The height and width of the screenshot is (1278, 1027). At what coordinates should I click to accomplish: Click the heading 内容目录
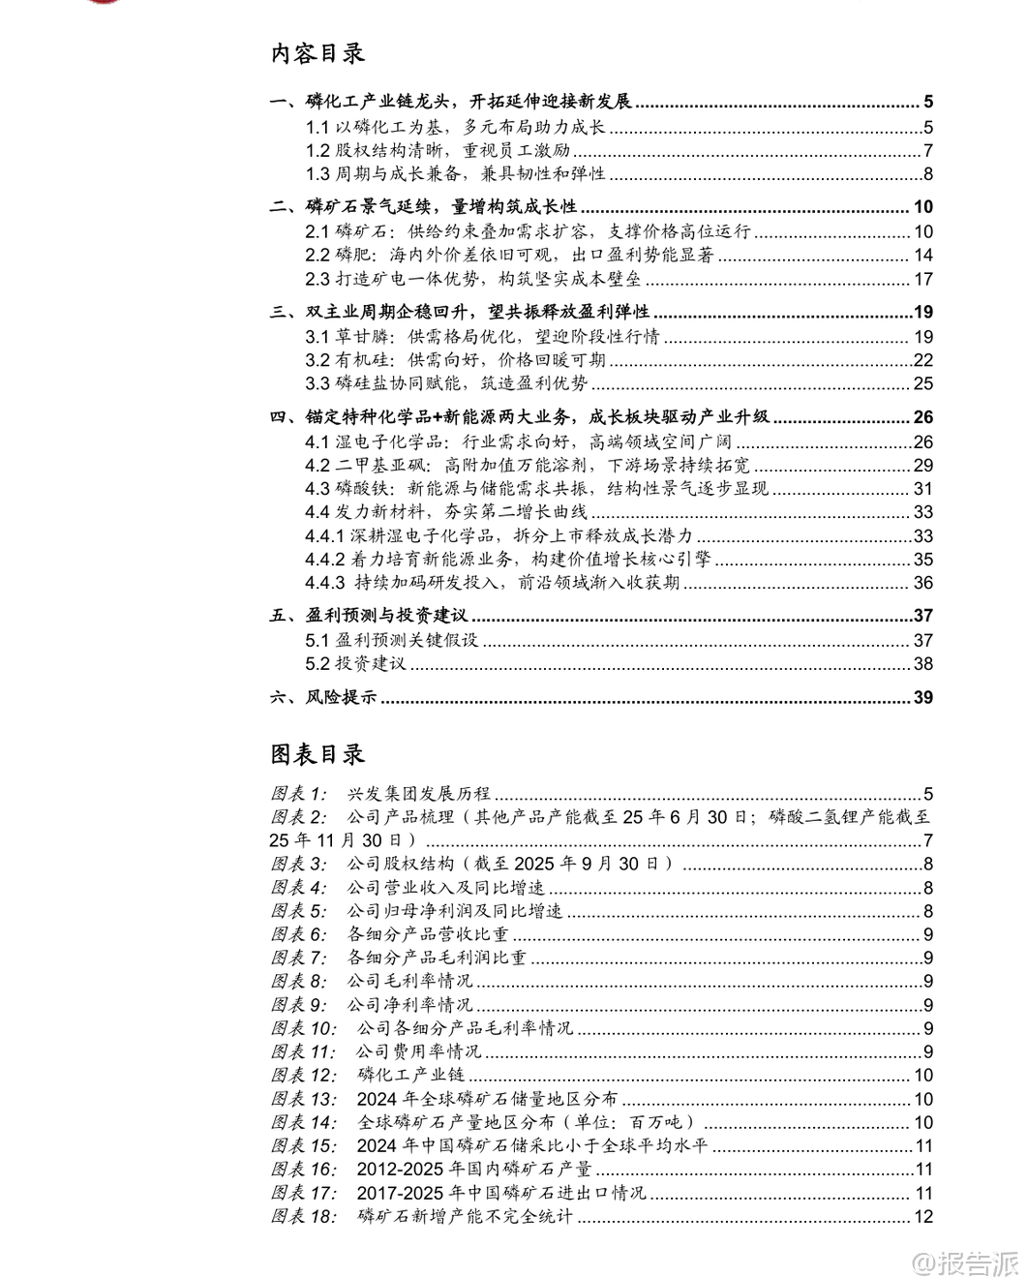317,54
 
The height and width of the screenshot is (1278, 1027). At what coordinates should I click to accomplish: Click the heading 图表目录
317,754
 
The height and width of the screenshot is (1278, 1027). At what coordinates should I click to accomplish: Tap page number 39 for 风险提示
922,697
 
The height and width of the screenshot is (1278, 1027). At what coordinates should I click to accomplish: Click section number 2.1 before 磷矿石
317,231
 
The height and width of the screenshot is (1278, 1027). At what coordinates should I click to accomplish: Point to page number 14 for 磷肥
922,255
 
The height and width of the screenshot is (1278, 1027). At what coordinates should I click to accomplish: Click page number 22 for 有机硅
922,360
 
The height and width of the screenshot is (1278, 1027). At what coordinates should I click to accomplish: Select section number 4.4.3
325,583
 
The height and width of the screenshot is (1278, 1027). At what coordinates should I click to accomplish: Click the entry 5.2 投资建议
355,663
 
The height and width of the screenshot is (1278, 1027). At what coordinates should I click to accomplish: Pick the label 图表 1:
299,794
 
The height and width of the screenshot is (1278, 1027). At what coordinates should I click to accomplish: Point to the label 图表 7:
300,958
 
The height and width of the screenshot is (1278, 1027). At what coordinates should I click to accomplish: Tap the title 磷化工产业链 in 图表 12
410,1075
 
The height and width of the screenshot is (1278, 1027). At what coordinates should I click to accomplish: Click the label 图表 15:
304,1145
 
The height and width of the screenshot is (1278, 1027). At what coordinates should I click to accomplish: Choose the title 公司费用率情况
418,1051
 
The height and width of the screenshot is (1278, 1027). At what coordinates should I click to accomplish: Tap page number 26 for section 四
922,417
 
